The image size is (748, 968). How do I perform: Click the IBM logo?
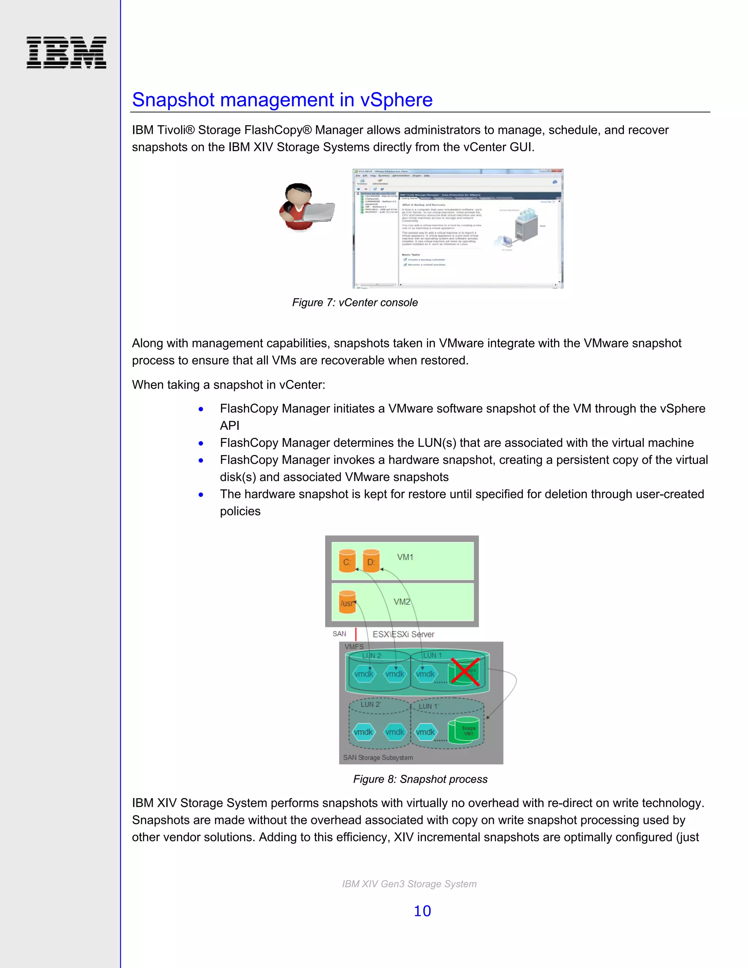tap(66, 52)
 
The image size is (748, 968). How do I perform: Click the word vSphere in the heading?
tap(396, 100)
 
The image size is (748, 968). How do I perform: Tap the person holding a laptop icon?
tap(305, 207)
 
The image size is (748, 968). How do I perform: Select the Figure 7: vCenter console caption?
tap(355, 302)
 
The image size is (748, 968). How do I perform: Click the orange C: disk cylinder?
tap(347, 561)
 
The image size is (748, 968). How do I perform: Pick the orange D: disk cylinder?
tap(371, 561)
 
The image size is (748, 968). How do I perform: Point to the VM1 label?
tap(405, 557)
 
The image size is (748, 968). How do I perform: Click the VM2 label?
tap(401, 602)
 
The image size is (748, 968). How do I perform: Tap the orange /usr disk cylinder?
tap(347, 602)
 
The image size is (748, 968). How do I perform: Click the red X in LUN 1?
tap(465, 672)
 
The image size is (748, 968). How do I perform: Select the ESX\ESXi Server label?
tap(403, 634)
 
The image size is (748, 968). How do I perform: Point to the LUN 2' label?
tap(370, 704)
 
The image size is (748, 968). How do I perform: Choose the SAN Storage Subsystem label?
tap(378, 758)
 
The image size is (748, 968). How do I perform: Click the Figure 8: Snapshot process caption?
tap(420, 779)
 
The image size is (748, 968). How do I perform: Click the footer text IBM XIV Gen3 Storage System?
tap(409, 884)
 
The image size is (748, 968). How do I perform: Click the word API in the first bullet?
tap(229, 426)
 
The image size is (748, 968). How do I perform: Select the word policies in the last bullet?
tap(240, 511)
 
